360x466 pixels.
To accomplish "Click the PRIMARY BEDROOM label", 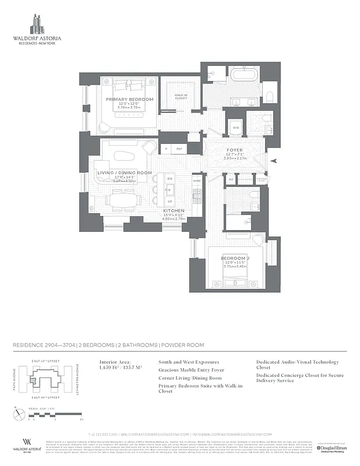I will (x=129, y=100).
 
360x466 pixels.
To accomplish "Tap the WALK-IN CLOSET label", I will (x=181, y=96).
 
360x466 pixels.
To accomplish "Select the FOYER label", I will (x=235, y=150).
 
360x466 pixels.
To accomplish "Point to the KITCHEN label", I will (x=174, y=210).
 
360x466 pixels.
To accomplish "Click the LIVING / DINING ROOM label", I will (x=125, y=173).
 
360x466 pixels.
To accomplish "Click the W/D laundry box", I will (x=236, y=128).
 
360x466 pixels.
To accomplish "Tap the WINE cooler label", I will (x=196, y=181).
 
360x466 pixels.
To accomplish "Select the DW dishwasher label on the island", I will (x=170, y=178).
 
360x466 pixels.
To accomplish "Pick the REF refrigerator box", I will (x=179, y=149).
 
